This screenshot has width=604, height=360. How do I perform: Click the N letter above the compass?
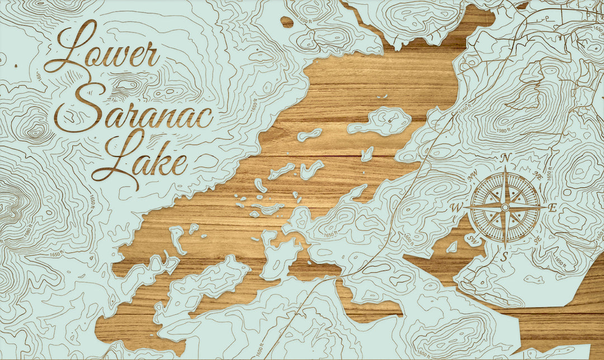click(505, 158)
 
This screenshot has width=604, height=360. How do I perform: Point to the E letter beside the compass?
click(552, 208)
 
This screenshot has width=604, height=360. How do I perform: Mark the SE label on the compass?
click(537, 239)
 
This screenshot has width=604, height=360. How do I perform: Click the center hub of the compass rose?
click(504, 207)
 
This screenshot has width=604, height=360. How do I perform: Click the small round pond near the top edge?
click(287, 22)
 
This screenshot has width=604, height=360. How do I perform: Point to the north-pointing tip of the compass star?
click(504, 168)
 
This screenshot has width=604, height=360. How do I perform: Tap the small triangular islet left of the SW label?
click(451, 247)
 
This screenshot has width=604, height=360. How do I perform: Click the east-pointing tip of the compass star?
click(545, 207)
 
